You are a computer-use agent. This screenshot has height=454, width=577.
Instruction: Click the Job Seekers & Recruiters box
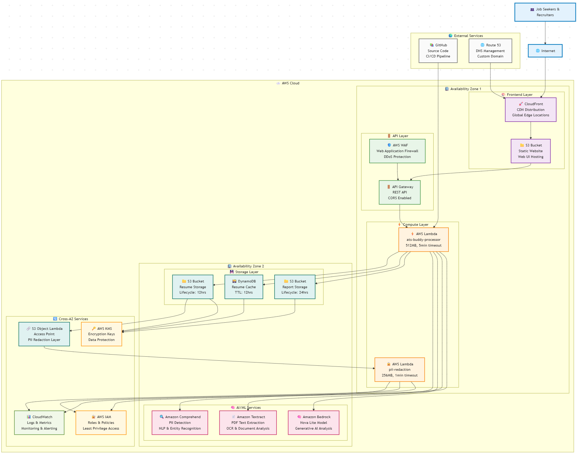point(545,12)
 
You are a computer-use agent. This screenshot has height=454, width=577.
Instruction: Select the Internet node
point(545,51)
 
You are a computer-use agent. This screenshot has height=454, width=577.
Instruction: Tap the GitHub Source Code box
point(438,51)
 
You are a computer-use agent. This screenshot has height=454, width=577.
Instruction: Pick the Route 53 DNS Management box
point(490,51)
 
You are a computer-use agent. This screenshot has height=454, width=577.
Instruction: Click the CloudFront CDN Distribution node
point(530,110)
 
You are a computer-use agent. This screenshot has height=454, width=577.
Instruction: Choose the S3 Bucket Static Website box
point(530,151)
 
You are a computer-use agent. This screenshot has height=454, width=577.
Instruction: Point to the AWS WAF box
point(397,151)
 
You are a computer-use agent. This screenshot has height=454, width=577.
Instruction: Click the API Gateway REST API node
point(400,192)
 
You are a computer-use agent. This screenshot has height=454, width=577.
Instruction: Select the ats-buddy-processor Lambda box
point(423,240)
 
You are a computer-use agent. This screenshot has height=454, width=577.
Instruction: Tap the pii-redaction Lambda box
point(400,370)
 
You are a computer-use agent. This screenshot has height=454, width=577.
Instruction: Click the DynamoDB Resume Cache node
point(244,287)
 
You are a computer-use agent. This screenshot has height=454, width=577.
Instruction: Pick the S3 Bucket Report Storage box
point(295,287)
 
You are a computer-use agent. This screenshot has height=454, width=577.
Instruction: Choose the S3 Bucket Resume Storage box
point(193,287)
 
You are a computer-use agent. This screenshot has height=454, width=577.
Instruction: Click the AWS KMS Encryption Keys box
point(101,334)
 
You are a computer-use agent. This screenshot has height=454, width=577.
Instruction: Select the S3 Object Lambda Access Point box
point(44,334)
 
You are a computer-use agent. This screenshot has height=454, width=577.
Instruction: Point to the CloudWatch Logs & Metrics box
point(39,423)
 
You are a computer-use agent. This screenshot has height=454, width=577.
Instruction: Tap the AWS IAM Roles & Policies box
point(101,423)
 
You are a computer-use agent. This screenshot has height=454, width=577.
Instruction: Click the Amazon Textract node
point(248,423)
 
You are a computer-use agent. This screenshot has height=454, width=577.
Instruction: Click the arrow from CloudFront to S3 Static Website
point(531,130)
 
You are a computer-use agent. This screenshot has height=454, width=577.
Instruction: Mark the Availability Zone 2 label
point(248,266)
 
